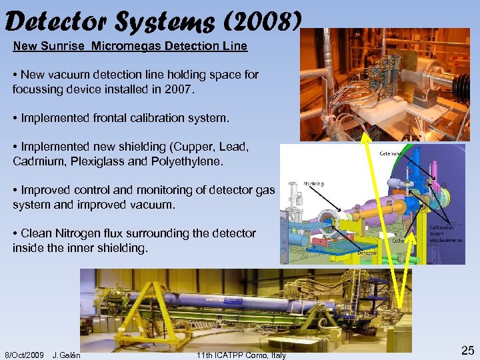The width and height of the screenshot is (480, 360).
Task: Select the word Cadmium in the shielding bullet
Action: pyautogui.click(x=35, y=161)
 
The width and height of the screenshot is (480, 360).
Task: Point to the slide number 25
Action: pyautogui.click(x=468, y=351)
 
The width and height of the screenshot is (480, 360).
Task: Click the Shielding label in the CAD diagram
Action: pyautogui.click(x=313, y=184)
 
